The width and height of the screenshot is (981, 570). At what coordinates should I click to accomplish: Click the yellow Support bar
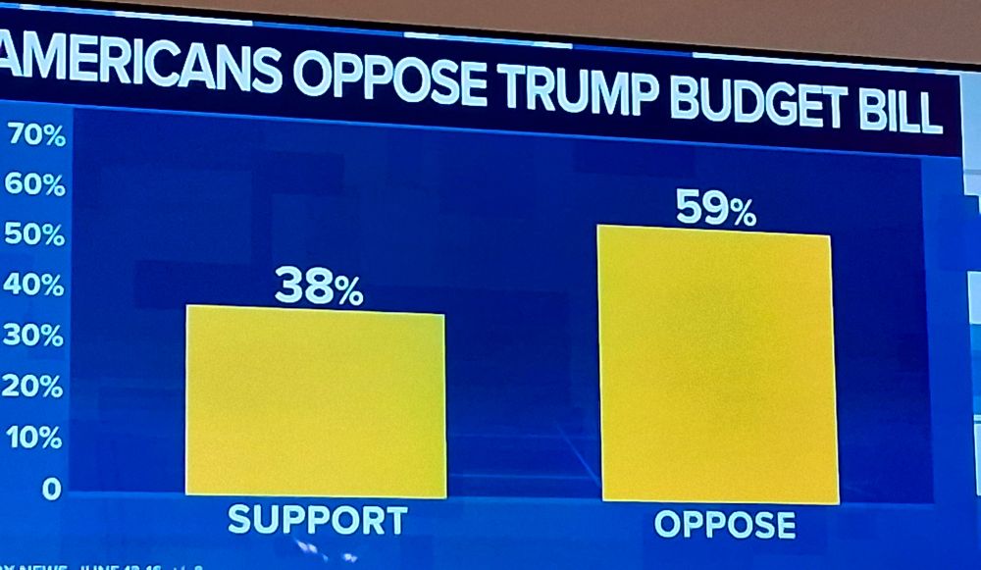316,402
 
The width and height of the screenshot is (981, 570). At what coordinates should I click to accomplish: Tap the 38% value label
318,285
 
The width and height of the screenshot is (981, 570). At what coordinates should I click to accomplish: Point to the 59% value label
716,208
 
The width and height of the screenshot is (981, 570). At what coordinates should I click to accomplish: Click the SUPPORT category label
316,520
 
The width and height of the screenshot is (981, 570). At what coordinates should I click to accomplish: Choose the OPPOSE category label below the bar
725,525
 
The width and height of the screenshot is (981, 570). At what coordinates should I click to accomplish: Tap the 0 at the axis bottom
49,489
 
